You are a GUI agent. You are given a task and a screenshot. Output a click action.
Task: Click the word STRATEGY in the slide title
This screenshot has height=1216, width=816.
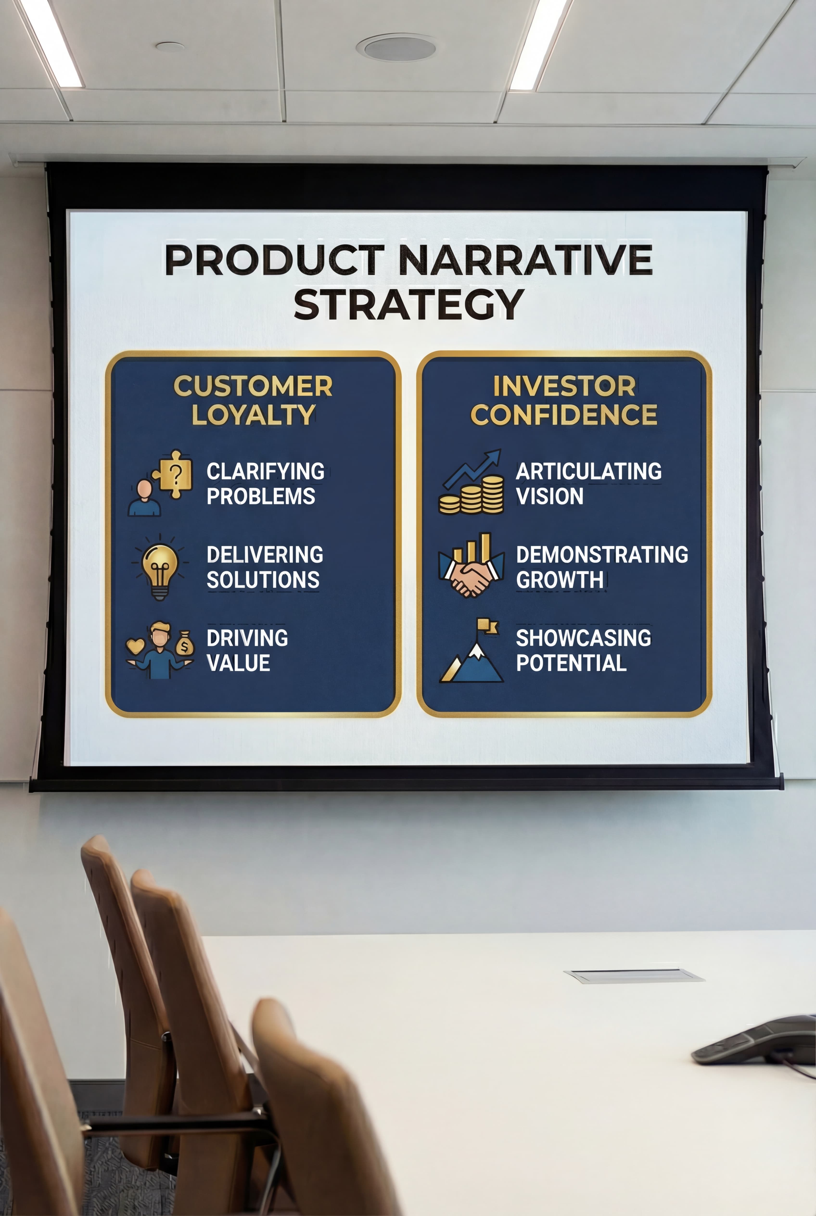coord(408,304)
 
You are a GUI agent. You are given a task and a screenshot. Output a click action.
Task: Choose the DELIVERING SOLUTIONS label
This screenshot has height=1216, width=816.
coord(264,567)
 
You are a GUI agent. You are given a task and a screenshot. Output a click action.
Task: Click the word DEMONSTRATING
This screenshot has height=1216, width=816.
coord(602,555)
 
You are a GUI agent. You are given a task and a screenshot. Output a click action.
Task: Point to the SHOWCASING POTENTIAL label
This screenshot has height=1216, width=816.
coord(583,650)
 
